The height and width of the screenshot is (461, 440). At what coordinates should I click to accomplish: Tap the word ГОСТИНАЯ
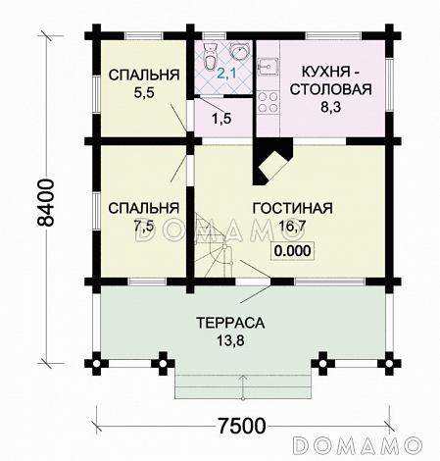[x=292, y=209]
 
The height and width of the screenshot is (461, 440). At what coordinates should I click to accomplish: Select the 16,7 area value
[x=292, y=228]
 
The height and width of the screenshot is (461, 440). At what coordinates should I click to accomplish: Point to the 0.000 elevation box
[x=292, y=251]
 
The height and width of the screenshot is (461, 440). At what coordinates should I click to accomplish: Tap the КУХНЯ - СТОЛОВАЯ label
[x=326, y=83]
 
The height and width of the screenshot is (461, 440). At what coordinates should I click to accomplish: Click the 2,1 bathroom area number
[x=226, y=73]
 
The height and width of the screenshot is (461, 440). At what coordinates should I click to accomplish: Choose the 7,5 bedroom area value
[x=143, y=226]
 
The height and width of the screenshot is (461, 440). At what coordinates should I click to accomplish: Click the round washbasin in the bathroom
[x=238, y=51]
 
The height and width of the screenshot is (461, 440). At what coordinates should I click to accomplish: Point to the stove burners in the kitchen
[x=267, y=101]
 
